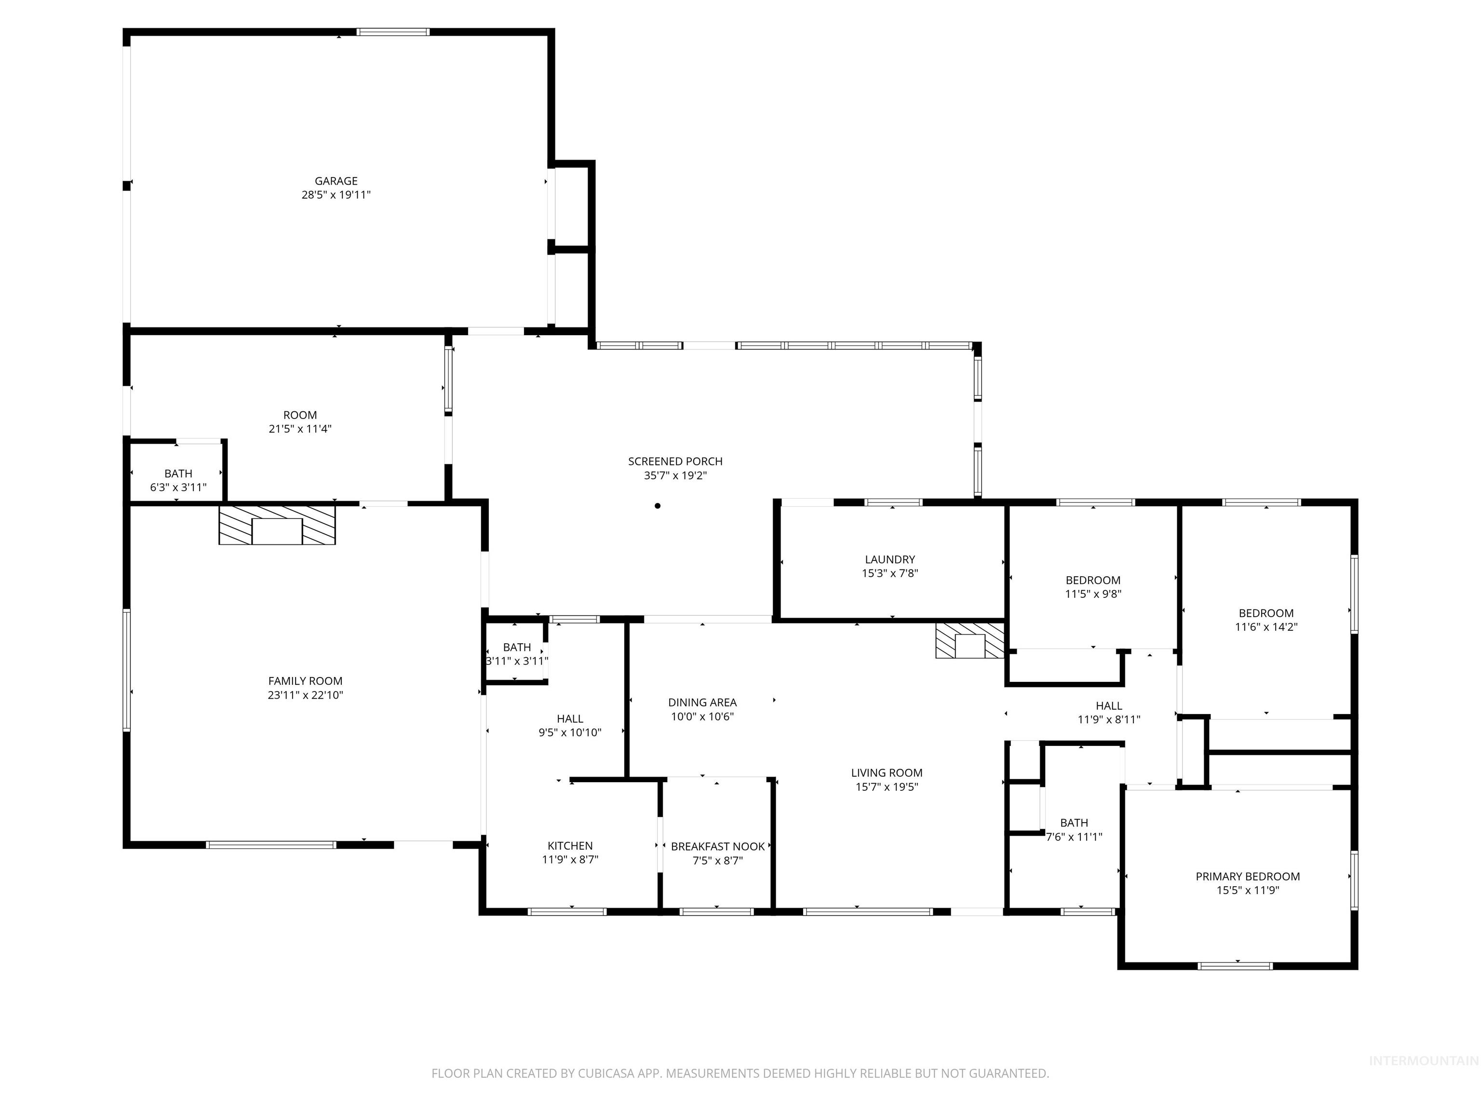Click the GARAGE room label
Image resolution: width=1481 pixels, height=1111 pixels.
[x=336, y=181]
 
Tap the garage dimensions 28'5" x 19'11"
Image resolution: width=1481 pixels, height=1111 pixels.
[x=336, y=195]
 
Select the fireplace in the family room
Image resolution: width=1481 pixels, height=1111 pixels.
[x=277, y=525]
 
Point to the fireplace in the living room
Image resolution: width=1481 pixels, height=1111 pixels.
[x=970, y=641]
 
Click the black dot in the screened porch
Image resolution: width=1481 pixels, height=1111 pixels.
[x=658, y=506]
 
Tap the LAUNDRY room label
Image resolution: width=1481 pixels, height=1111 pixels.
[x=889, y=559]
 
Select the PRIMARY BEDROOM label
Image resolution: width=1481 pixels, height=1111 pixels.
[x=1247, y=876]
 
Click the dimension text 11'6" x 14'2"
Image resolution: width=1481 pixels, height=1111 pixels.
[x=1266, y=627]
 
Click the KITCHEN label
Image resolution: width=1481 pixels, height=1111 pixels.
[x=570, y=846]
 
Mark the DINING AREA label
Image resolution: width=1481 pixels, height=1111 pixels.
[x=701, y=703]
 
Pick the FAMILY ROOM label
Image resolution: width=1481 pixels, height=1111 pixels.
[x=305, y=681]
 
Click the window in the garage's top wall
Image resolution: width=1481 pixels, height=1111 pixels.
[x=392, y=31]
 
